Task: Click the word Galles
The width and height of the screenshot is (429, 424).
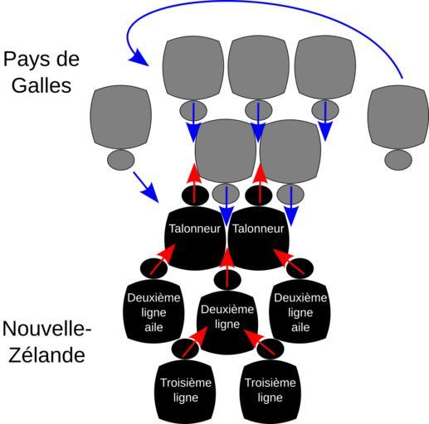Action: tap(41, 85)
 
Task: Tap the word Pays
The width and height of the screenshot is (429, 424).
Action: tap(26, 60)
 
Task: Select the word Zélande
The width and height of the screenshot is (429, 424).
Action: tap(46, 354)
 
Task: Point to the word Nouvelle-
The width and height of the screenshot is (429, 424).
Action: tap(46, 329)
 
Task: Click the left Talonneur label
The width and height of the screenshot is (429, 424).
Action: tap(195, 229)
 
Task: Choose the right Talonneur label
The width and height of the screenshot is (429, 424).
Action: tap(258, 229)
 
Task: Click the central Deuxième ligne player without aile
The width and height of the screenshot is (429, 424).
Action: tap(227, 323)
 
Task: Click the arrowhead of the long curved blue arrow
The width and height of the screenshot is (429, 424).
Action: tap(139, 59)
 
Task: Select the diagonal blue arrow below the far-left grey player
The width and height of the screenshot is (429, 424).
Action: tap(146, 187)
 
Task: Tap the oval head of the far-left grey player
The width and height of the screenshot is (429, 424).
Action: tap(121, 160)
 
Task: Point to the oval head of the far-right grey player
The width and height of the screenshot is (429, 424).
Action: tap(398, 160)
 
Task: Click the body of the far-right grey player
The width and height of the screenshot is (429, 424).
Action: tap(398, 117)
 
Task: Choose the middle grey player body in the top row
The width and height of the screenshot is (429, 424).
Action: tap(258, 68)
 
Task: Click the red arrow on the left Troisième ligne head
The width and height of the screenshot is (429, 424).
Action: tap(195, 342)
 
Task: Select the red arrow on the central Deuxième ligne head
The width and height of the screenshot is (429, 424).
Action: tap(227, 267)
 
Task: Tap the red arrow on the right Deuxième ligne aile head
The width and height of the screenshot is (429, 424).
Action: tap(289, 262)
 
